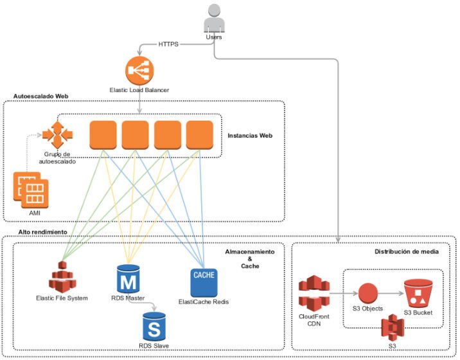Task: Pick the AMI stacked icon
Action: tap(31, 190)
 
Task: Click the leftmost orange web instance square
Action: tap(102, 134)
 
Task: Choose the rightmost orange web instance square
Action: tap(199, 134)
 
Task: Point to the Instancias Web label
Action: tap(251, 136)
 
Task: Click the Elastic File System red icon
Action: tap(62, 278)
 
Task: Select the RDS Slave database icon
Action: tap(154, 327)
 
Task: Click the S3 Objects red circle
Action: tap(367, 294)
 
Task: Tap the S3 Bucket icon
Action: tap(418, 293)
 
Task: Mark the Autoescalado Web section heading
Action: tap(40, 96)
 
